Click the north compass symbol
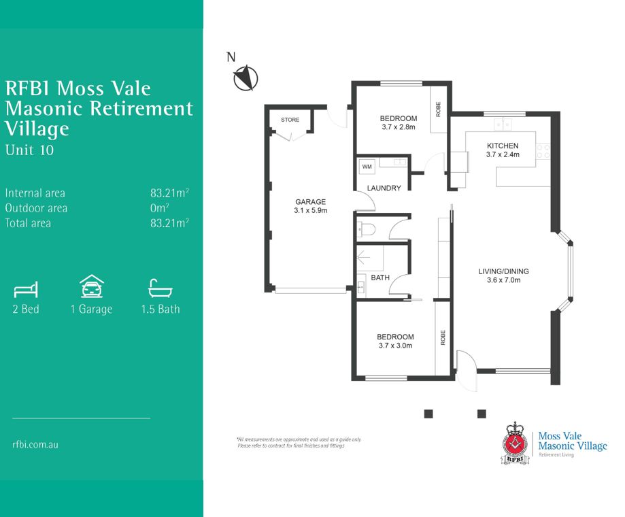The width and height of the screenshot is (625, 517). (246, 78)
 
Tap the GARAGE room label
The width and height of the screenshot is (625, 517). (310, 202)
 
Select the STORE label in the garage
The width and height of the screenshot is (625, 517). (290, 120)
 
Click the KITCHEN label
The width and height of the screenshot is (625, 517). (503, 146)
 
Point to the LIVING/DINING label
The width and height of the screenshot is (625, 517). (503, 271)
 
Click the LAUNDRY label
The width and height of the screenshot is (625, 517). (384, 188)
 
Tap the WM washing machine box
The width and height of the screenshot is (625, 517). (367, 166)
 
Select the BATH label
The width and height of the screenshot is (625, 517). (379, 278)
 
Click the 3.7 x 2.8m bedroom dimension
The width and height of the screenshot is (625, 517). (399, 127)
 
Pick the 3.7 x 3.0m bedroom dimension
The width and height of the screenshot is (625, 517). (395, 346)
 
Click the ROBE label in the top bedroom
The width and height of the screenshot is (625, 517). (438, 108)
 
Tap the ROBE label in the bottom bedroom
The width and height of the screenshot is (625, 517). (443, 338)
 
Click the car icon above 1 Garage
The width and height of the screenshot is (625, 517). (91, 287)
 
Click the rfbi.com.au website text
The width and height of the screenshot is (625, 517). (35, 444)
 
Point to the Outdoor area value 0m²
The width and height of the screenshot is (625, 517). (160, 208)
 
